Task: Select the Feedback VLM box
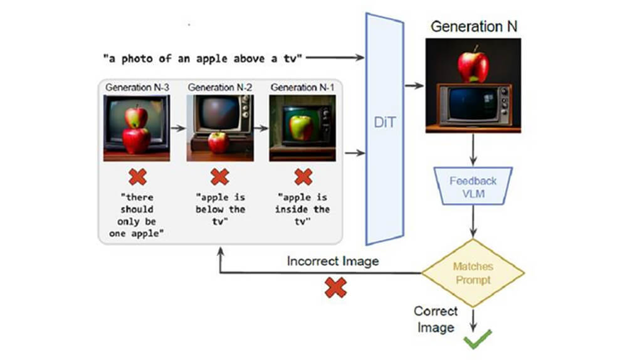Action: tap(473, 186)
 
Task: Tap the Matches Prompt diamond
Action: tap(472, 273)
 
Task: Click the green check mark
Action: tap(477, 341)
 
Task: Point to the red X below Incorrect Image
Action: tap(335, 288)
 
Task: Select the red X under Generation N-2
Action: tap(219, 177)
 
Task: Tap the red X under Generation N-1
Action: tap(303, 177)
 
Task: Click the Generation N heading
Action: tap(473, 27)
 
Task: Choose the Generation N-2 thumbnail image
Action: tap(219, 128)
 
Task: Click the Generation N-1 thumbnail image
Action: tap(302, 128)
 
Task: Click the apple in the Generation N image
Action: tap(473, 66)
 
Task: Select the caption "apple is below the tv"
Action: tap(220, 209)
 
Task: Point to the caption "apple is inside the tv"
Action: tap(302, 209)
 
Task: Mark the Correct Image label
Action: tap(435, 319)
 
